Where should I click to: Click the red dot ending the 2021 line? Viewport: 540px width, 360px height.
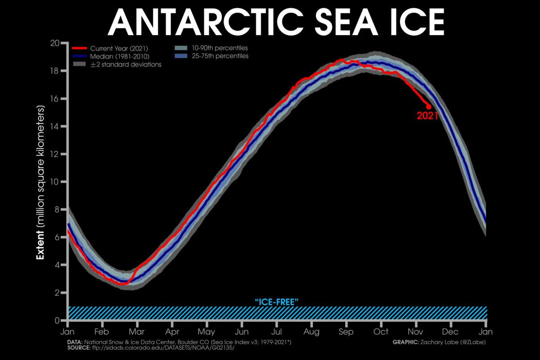tap(428, 107)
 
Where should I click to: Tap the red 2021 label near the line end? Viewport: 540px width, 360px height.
tap(428, 116)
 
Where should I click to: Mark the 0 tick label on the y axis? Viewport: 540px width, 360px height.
tap(57, 320)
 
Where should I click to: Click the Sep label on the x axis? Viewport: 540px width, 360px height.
tap(346, 332)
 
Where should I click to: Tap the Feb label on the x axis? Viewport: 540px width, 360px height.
tap(102, 332)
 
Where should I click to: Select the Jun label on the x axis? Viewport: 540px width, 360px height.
tap(242, 332)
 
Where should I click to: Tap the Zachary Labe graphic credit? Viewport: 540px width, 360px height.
tap(441, 342)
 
